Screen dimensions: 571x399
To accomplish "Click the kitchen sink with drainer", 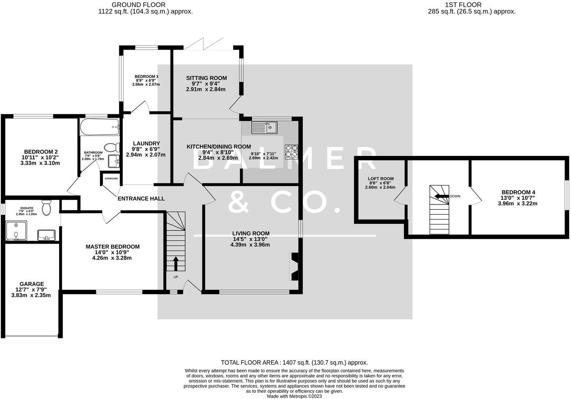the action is pos(264,127).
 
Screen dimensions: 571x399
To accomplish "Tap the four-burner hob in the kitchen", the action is pos(291,152).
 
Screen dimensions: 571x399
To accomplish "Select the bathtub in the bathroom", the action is pos(99,127).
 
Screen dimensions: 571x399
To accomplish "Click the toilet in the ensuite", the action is pos(47,208).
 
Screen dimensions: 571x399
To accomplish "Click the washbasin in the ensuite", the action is pos(46,235).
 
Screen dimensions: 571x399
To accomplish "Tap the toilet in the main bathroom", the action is pos(112,148).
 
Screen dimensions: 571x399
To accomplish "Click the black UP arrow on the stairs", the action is pos(176,264).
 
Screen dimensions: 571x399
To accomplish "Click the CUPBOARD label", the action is pos(111,178).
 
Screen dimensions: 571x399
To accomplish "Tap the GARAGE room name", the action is pos(31,284).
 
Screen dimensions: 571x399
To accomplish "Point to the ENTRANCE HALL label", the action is pos(141,198).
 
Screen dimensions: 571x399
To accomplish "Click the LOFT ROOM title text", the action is pos(381,179).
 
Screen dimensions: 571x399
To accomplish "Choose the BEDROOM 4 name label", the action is pos(518,192).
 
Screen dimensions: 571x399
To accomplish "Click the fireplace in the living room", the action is pos(294,267).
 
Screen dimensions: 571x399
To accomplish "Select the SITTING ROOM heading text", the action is pos(206,78).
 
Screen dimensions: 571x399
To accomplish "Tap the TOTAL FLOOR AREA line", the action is pos(294,363).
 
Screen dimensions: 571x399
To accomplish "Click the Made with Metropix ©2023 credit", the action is pos(294,396).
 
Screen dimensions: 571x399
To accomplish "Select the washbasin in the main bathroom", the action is pos(114,161).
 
